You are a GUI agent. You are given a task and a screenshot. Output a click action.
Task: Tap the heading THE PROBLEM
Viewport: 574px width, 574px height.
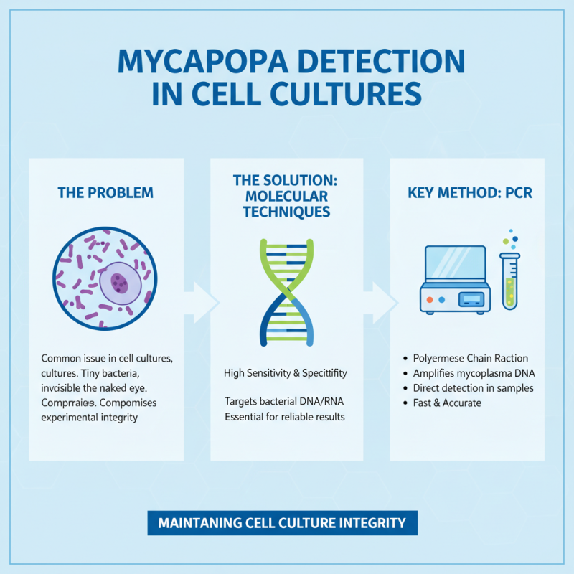(105, 193)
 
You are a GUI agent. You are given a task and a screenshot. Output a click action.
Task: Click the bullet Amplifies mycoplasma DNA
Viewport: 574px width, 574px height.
(474, 373)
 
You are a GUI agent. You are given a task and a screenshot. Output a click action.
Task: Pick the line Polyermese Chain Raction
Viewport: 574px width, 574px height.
(470, 358)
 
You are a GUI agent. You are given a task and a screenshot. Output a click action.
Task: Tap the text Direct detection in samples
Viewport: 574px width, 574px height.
(473, 388)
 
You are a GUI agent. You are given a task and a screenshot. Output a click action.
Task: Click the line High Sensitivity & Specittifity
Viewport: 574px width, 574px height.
(286, 373)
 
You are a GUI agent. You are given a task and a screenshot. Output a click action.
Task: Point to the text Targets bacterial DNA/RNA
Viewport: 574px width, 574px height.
(286, 403)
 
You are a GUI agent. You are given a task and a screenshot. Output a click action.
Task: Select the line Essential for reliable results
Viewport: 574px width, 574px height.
(286, 417)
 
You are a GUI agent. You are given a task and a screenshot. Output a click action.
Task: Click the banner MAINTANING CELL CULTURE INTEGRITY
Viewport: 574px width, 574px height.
(282, 522)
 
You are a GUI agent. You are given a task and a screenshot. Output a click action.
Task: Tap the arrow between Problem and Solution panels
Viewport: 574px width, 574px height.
(204, 301)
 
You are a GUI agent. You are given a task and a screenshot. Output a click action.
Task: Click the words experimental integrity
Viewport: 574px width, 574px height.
(89, 417)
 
